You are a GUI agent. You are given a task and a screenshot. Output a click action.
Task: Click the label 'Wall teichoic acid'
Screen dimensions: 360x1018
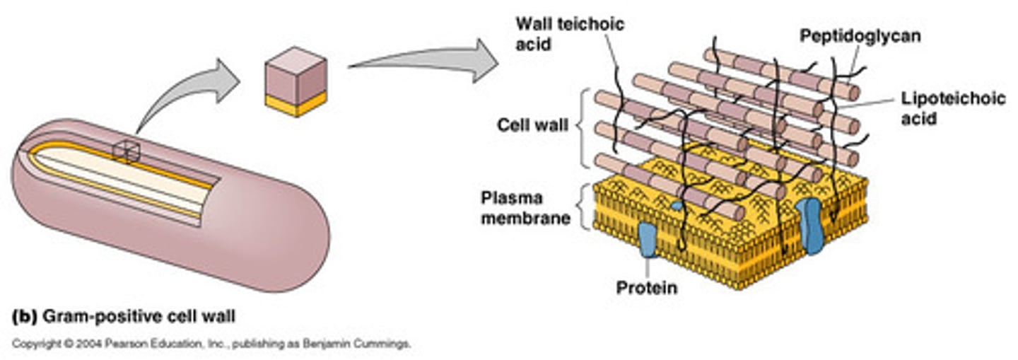(x=569, y=33)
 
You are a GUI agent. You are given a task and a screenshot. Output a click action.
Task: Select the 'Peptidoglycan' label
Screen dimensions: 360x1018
(x=860, y=35)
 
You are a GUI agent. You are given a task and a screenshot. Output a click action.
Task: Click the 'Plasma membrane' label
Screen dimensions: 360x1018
(x=525, y=207)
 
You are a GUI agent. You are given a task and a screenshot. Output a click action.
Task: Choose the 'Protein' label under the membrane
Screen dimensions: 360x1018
(x=646, y=288)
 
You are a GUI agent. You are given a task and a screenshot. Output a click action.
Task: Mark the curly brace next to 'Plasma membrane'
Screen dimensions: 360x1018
(x=585, y=207)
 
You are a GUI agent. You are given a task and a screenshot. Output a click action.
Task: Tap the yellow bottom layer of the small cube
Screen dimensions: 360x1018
(x=296, y=103)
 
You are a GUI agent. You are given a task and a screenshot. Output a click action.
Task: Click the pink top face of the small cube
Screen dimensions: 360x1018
(x=296, y=60)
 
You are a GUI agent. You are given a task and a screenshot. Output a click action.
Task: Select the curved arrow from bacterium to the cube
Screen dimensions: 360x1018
(x=187, y=92)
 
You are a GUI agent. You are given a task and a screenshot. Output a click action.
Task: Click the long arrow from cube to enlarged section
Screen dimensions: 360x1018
(x=424, y=61)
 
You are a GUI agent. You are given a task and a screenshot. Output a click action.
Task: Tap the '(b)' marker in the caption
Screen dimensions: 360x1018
(x=25, y=318)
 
